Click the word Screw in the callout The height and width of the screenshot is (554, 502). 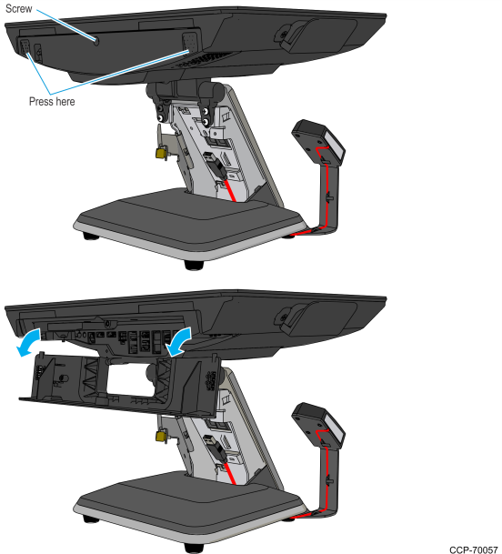point(19,8)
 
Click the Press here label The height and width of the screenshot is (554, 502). point(52,102)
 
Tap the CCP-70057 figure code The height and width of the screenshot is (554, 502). point(474,549)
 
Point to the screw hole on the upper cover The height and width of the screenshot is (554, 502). point(96,41)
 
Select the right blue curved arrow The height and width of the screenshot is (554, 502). point(179,341)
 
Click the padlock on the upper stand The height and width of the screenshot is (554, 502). point(161,152)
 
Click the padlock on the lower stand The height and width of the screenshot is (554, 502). point(161,436)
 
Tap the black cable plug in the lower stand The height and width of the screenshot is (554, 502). point(215,448)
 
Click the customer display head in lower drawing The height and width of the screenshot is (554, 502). point(318,421)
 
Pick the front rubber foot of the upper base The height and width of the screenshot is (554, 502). point(194,265)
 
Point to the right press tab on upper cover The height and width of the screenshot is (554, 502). point(189,43)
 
